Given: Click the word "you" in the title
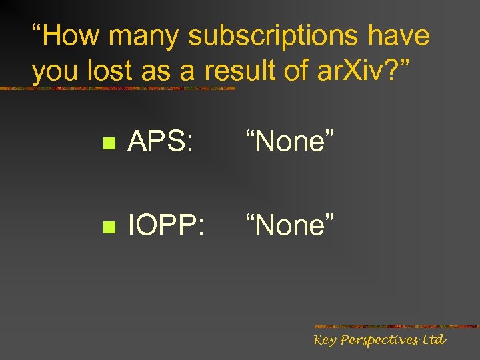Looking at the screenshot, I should point(52,72).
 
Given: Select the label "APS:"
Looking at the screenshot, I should point(161,141).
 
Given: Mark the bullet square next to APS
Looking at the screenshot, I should point(111,144).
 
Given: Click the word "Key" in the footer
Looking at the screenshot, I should point(326,341).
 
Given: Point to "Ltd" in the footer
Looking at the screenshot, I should point(433,340).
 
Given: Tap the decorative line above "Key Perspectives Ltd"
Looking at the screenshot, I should point(396,327).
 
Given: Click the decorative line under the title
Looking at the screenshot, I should point(120,88).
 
